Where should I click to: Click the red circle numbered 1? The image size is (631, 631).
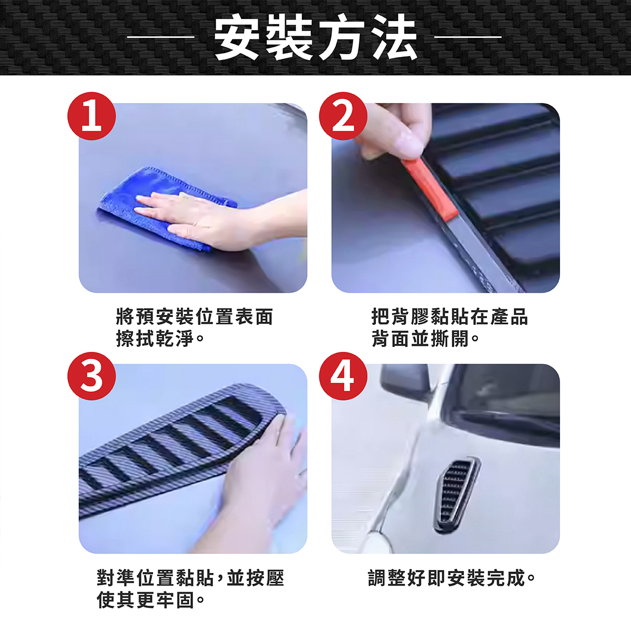[x=91, y=116]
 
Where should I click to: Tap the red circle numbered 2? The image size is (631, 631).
[x=343, y=116]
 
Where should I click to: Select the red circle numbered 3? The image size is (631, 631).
[x=91, y=376]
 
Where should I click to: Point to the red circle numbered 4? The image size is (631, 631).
[x=343, y=376]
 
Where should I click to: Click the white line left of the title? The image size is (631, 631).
[x=161, y=37]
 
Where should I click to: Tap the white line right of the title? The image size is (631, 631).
[x=468, y=37]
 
